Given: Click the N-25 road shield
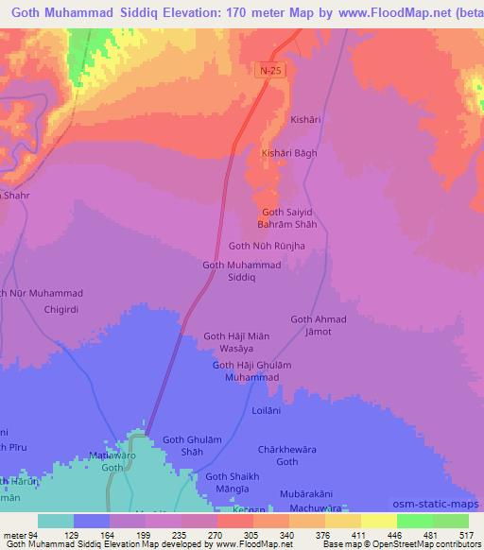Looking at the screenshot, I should tap(270, 72).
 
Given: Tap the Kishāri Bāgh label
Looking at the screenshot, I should tap(288, 153).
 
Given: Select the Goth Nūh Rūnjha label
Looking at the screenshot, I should tap(267, 246).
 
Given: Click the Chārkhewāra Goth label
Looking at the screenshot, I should tap(286, 455).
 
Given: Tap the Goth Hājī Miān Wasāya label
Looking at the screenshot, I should tap(238, 342).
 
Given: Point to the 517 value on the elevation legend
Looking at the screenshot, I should tap(467, 535).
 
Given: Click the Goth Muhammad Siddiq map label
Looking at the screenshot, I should tap(242, 271).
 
